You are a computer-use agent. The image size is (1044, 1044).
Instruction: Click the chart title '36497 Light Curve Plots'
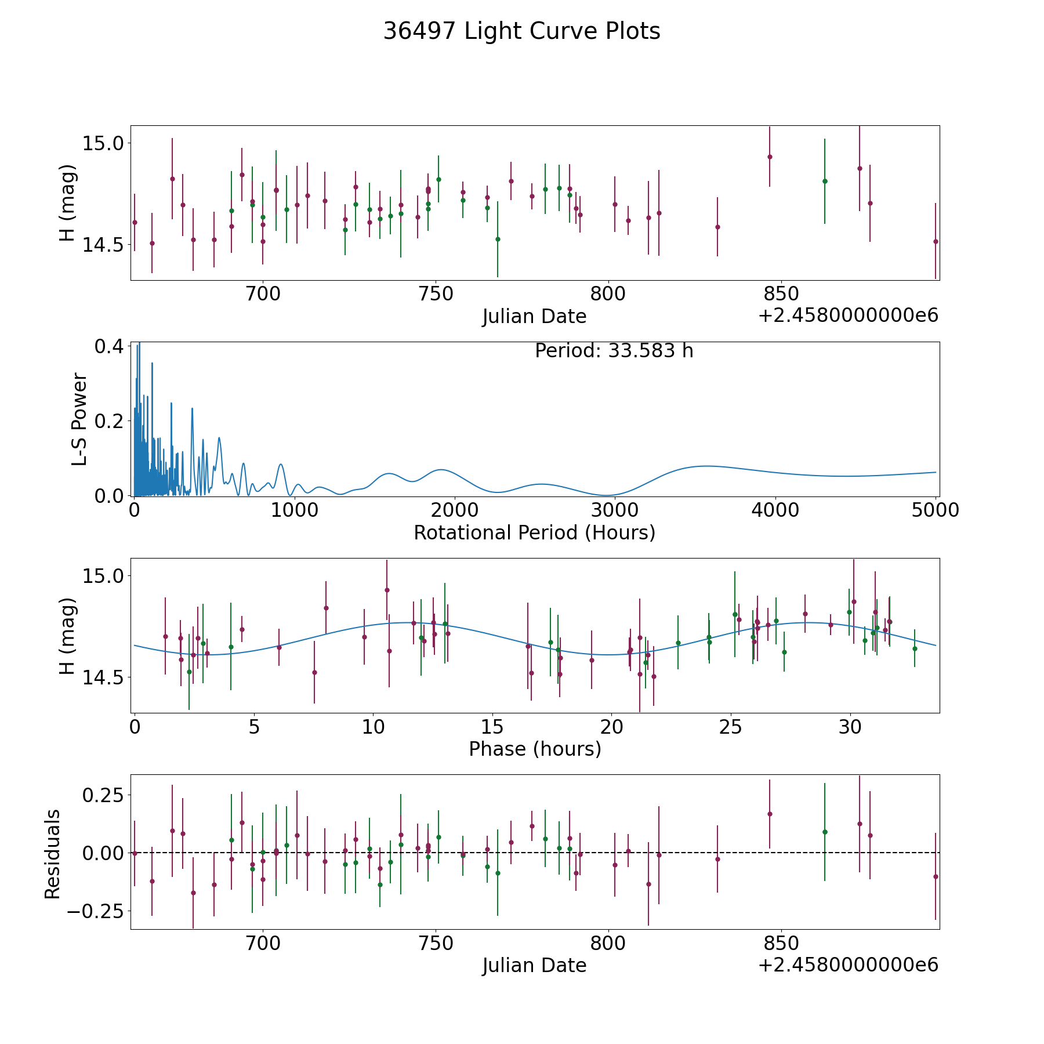[x=521, y=31]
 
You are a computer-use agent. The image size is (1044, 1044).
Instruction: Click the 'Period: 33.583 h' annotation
[x=614, y=351]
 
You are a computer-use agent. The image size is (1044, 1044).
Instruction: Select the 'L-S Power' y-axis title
[x=79, y=419]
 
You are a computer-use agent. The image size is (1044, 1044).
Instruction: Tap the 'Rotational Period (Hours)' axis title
[x=534, y=532]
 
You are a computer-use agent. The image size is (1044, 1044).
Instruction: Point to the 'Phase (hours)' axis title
[x=535, y=749]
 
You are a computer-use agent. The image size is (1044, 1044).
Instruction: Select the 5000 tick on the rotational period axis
[x=935, y=510]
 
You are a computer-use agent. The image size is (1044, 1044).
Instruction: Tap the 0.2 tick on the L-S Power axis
[x=110, y=420]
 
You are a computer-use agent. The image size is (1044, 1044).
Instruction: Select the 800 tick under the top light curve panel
[x=608, y=294]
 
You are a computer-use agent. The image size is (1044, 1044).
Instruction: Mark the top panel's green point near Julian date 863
[x=825, y=181]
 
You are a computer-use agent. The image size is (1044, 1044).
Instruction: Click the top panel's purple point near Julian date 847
[x=770, y=157]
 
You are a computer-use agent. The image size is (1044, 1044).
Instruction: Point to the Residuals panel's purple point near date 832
[x=717, y=859]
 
